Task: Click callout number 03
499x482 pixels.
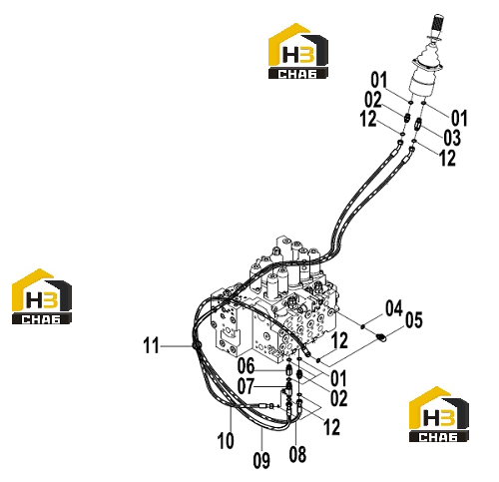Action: [x=452, y=138]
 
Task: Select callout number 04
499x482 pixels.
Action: [x=394, y=308]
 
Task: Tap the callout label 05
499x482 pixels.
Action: [x=414, y=320]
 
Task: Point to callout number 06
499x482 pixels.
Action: [x=246, y=366]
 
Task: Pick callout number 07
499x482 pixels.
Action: [x=246, y=386]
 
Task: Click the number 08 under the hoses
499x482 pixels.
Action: [x=297, y=454]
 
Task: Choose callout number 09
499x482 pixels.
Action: [x=261, y=461]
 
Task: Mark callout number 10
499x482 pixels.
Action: [x=226, y=441]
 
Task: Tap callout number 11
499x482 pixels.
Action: [x=152, y=345]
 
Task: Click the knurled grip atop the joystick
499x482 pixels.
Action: [x=438, y=23]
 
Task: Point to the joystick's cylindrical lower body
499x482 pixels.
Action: [x=421, y=84]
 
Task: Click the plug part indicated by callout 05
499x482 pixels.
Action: [x=381, y=338]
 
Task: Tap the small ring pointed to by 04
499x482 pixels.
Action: [x=362, y=326]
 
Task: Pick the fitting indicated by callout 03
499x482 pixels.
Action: [x=417, y=124]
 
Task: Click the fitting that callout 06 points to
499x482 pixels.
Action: [x=289, y=369]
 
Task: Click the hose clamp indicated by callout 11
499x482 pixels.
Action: [x=195, y=346]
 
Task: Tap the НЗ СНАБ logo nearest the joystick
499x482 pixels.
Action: [x=298, y=51]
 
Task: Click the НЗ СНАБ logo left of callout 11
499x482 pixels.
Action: [x=42, y=296]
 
